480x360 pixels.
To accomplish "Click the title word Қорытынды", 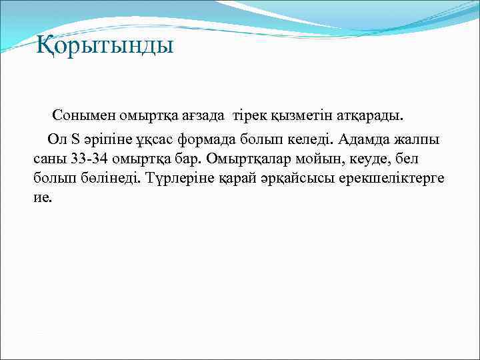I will point(105,46).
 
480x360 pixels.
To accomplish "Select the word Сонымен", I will point(82,116).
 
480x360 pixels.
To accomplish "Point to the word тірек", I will point(249,116).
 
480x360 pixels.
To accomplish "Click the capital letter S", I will point(75,140).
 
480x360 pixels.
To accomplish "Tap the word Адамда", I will point(367,140).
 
